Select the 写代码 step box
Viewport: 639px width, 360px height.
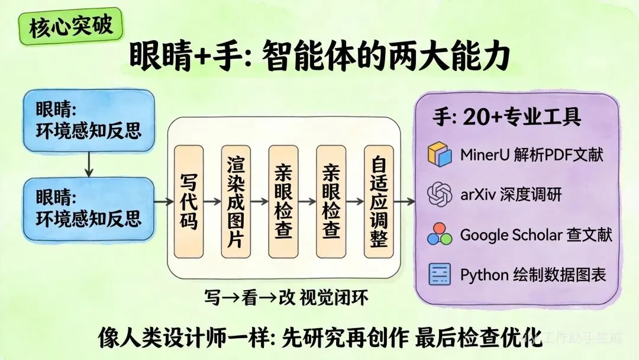pyautogui.click(x=189, y=201)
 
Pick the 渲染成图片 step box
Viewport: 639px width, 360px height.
pyautogui.click(x=236, y=201)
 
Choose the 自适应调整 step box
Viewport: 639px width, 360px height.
pyautogui.click(x=379, y=201)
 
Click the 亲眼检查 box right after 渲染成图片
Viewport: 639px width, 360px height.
pyautogui.click(x=283, y=201)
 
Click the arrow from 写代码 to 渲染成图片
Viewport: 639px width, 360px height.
pyautogui.click(x=212, y=202)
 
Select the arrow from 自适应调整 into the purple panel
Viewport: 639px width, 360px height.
pyautogui.click(x=405, y=202)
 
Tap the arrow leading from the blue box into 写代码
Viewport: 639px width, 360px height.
pyautogui.click(x=162, y=202)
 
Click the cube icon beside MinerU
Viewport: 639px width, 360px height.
pyautogui.click(x=440, y=156)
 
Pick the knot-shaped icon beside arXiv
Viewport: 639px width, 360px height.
pyautogui.click(x=440, y=194)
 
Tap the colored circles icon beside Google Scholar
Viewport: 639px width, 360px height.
pyautogui.click(x=440, y=234)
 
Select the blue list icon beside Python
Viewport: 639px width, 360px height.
pyautogui.click(x=440, y=274)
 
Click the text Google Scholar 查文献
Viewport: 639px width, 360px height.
pyautogui.click(x=536, y=235)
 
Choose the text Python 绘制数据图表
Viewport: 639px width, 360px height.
pyautogui.click(x=533, y=275)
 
